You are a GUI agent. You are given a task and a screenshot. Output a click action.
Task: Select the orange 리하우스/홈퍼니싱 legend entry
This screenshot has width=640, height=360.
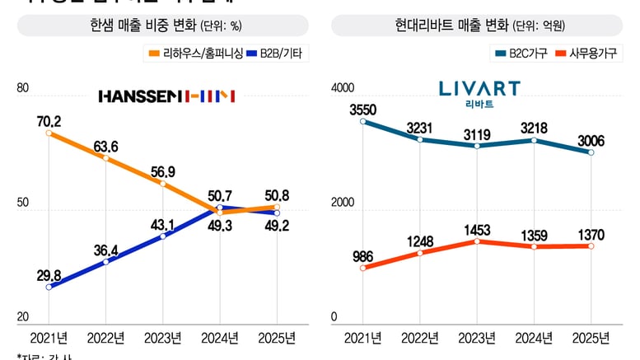click(189, 54)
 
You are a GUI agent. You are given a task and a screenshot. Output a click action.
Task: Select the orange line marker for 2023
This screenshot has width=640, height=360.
click(163, 184)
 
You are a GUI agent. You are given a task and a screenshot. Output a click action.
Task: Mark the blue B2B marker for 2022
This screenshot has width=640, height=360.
click(106, 262)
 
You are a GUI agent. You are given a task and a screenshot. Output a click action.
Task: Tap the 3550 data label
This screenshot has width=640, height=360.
click(363, 110)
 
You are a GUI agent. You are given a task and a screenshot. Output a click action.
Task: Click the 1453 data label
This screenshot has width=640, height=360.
click(478, 227)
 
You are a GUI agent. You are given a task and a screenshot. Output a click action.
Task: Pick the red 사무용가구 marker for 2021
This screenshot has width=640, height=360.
click(364, 267)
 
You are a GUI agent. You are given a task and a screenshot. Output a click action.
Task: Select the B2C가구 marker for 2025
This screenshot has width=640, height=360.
click(591, 152)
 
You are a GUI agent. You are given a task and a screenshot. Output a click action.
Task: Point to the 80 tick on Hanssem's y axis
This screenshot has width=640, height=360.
click(22, 88)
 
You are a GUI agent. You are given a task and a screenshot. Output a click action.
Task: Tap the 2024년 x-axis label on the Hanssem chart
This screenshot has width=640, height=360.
click(220, 338)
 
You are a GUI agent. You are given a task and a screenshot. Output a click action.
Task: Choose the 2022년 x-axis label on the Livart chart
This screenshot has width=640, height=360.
click(421, 338)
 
